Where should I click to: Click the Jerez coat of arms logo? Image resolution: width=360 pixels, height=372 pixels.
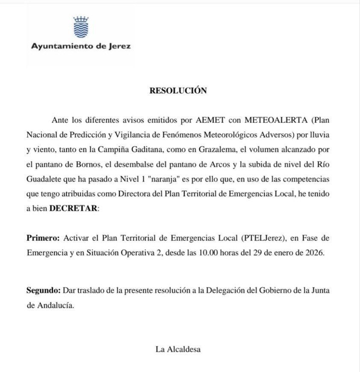pyautogui.click(x=81, y=27)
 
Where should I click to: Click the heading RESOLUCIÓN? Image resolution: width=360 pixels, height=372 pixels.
pyautogui.click(x=178, y=91)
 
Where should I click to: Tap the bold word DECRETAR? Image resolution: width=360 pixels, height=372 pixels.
pyautogui.click(x=74, y=208)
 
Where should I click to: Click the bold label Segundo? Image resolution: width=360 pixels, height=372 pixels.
pyautogui.click(x=44, y=290)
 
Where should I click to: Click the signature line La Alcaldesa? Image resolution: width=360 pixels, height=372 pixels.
pyautogui.click(x=178, y=349)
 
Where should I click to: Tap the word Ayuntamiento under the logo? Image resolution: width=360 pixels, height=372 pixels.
pyautogui.click(x=61, y=47)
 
